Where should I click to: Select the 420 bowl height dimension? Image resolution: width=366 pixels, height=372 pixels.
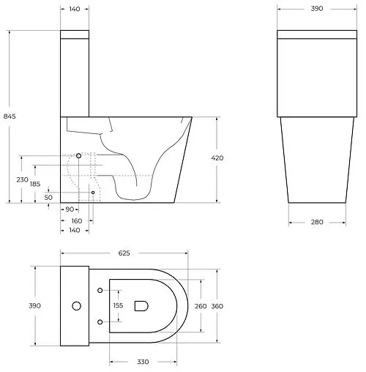(217, 158)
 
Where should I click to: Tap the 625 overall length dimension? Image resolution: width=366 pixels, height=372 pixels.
(123, 253)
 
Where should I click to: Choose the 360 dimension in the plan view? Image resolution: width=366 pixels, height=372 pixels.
(217, 306)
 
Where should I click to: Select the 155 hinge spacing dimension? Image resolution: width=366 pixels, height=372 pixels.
(118, 306)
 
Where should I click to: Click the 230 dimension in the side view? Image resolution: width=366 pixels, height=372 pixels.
(23, 179)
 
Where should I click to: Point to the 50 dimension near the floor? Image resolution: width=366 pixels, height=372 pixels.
(48, 197)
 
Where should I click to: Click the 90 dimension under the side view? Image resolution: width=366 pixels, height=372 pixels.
(70, 209)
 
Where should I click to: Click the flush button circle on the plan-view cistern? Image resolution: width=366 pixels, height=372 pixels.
(75, 305)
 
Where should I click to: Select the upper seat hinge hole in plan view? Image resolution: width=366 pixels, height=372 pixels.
(98, 289)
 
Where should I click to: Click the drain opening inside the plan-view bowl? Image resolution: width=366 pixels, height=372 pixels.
(141, 306)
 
